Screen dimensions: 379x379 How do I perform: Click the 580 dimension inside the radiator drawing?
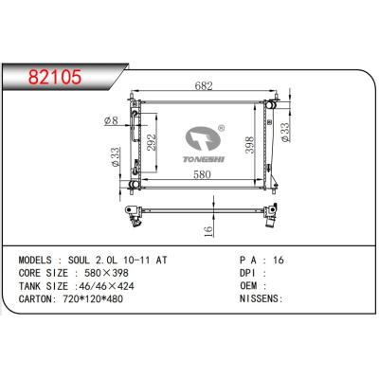tap(198, 173)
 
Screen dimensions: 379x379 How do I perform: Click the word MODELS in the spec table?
tap(38, 259)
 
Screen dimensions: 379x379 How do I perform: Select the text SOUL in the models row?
tap(84, 259)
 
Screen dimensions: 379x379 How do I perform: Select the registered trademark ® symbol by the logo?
tap(222, 126)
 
